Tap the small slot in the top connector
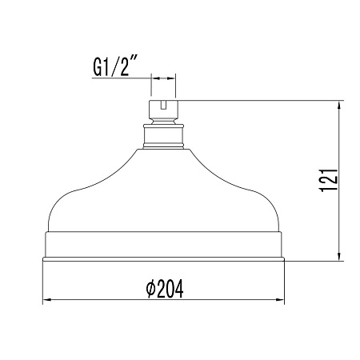(x=163, y=104)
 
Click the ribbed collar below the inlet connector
(x=163, y=135)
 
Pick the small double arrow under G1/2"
(x=163, y=78)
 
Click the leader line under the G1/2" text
(x=120, y=78)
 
